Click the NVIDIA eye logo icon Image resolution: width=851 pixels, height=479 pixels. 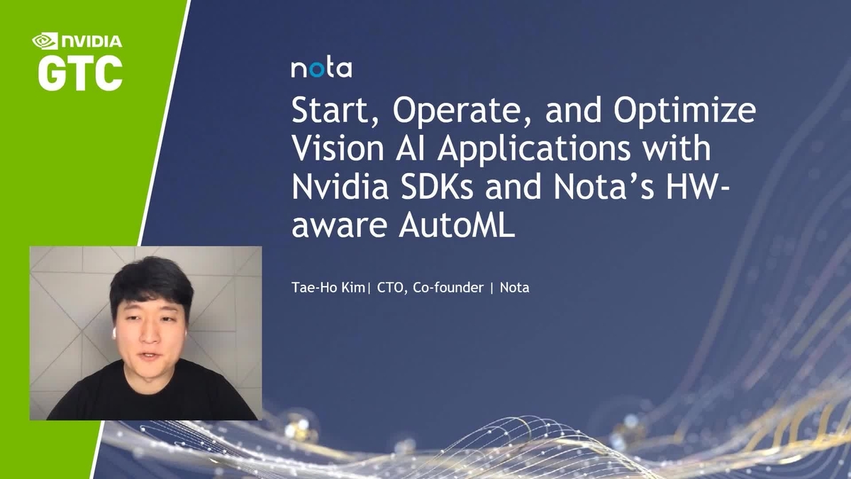point(45,42)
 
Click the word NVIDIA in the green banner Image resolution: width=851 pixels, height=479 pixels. point(91,42)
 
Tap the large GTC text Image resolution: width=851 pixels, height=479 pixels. point(79,72)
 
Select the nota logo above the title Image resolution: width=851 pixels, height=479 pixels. point(321,69)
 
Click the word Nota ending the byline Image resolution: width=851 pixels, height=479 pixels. point(515,288)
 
